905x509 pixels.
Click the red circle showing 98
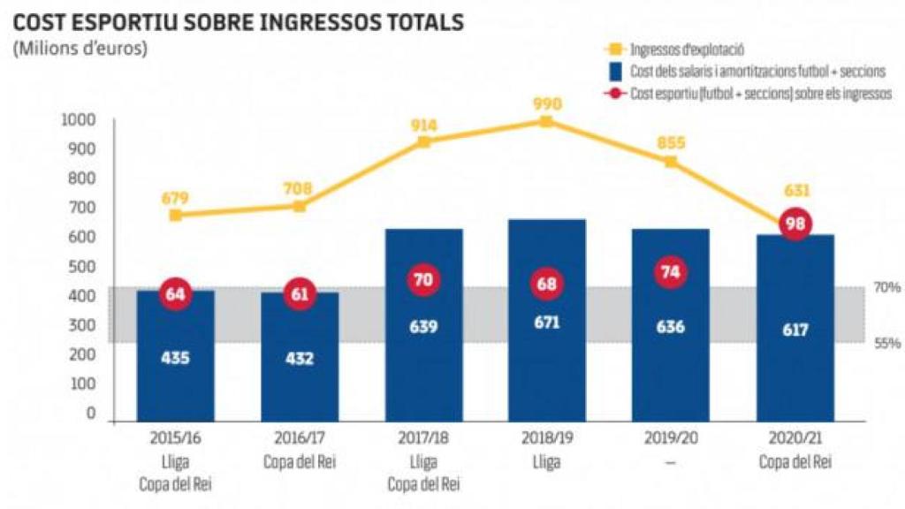(x=795, y=224)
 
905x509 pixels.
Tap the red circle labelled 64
(x=175, y=294)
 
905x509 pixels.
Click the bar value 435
(x=175, y=358)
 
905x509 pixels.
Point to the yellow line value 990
(x=547, y=104)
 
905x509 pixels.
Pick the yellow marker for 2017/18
(x=423, y=141)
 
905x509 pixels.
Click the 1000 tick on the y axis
(x=79, y=120)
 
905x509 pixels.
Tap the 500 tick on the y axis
(x=82, y=267)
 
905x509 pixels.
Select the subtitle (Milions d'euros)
(x=80, y=48)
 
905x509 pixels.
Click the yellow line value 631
(x=795, y=190)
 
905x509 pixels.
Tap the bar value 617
(x=795, y=330)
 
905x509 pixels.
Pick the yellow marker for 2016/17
(x=300, y=206)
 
